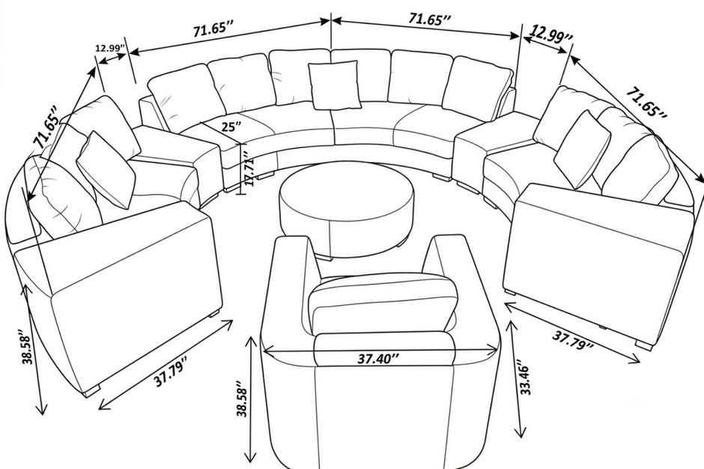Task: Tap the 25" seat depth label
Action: tap(231, 126)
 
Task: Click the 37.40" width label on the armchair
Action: tap(378, 359)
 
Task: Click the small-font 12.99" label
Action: tap(110, 48)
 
